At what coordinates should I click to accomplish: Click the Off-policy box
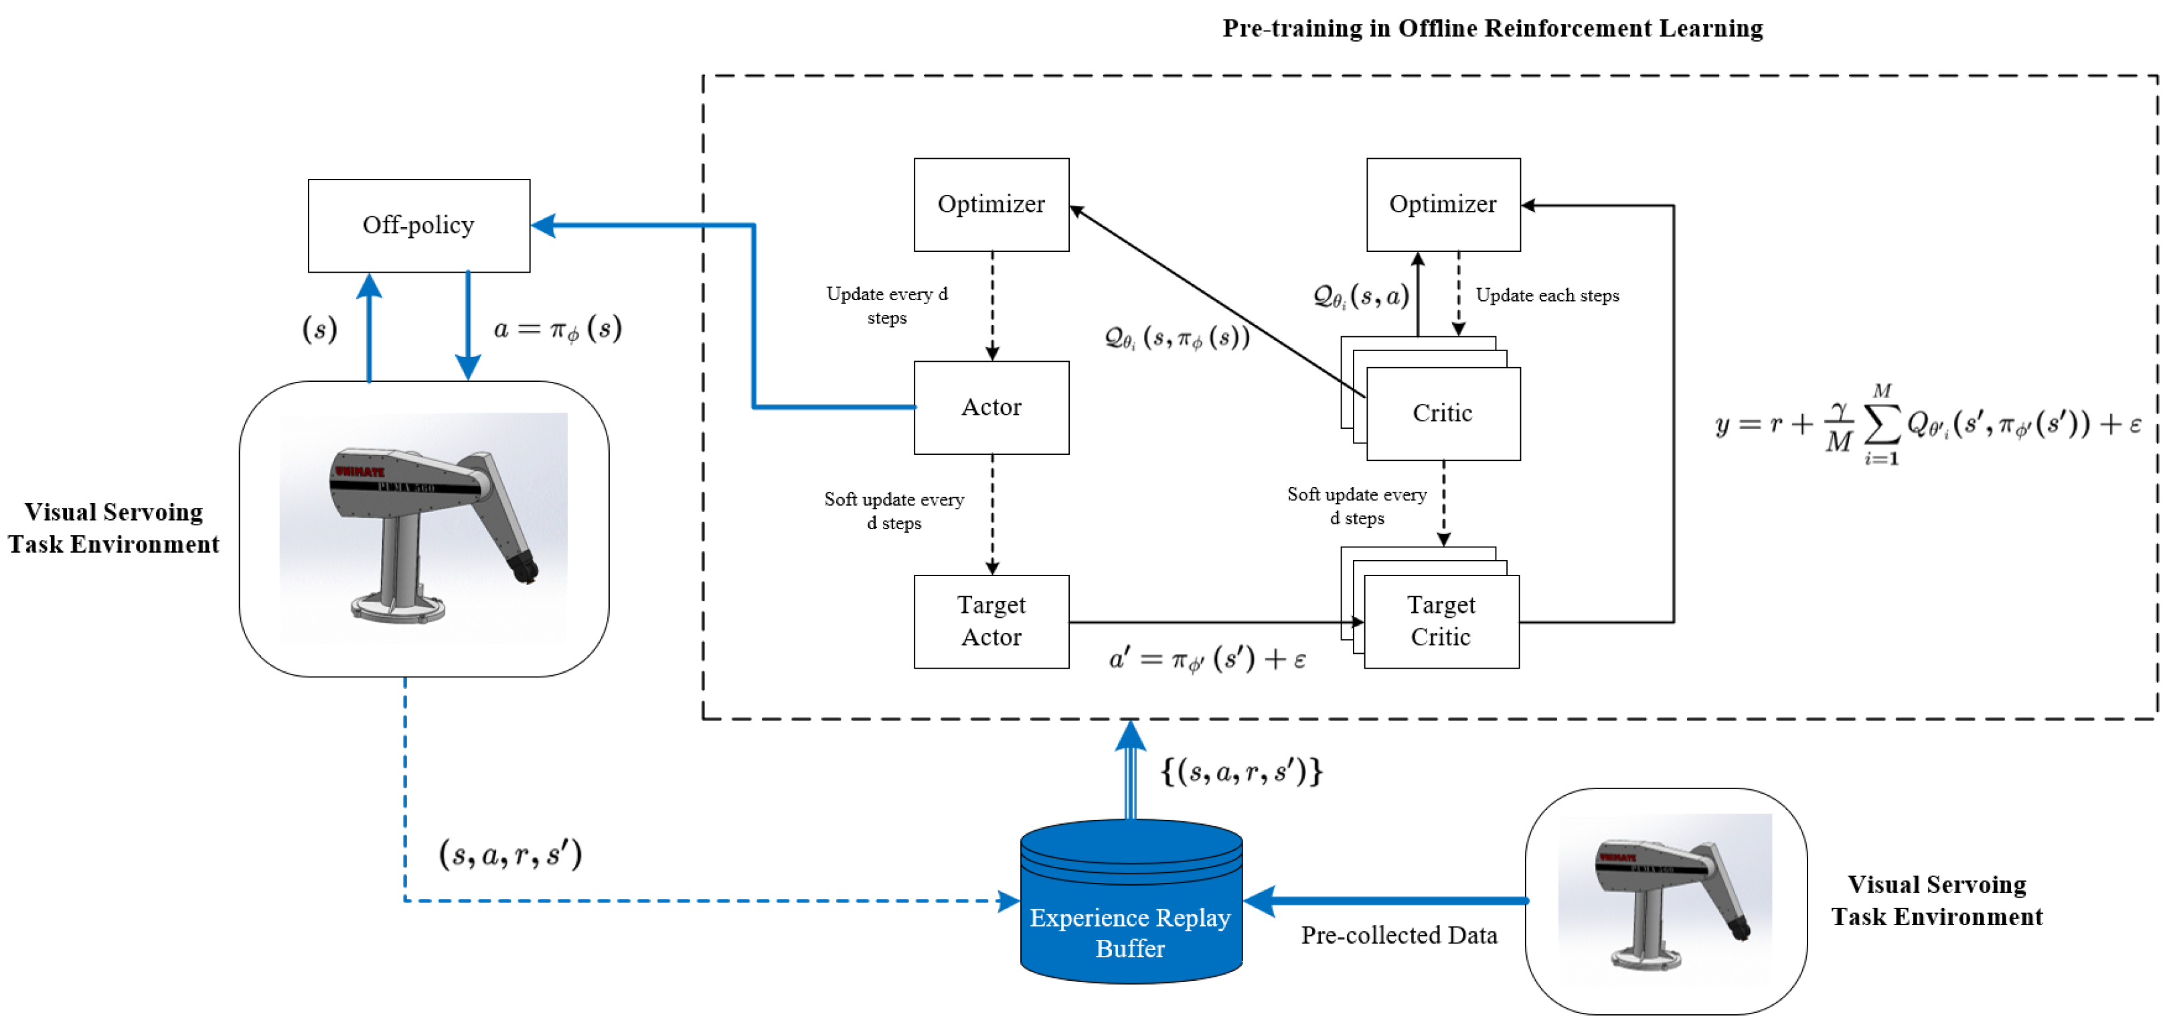(x=419, y=225)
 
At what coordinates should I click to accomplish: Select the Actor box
(x=991, y=407)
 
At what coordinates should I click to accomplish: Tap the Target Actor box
(x=991, y=622)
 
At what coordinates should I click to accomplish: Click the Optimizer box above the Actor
(x=991, y=204)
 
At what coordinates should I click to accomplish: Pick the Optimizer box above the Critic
(x=1443, y=204)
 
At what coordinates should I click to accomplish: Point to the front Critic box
(x=1443, y=413)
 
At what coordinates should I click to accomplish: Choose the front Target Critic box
(x=1441, y=622)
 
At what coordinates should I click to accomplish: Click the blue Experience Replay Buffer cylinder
(x=1131, y=901)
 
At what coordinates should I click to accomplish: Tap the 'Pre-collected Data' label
(x=1398, y=935)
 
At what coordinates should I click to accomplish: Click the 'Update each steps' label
(x=1547, y=295)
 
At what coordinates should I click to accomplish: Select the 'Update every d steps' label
(x=888, y=305)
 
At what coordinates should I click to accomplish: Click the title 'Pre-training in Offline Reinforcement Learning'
(x=1492, y=28)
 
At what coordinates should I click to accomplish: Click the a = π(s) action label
(x=558, y=328)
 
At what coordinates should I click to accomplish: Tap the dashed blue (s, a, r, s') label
(x=510, y=854)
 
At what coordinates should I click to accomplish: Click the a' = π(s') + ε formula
(x=1207, y=659)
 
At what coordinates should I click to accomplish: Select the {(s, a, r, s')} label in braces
(x=1242, y=771)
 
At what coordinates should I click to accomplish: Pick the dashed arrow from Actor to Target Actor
(x=992, y=515)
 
